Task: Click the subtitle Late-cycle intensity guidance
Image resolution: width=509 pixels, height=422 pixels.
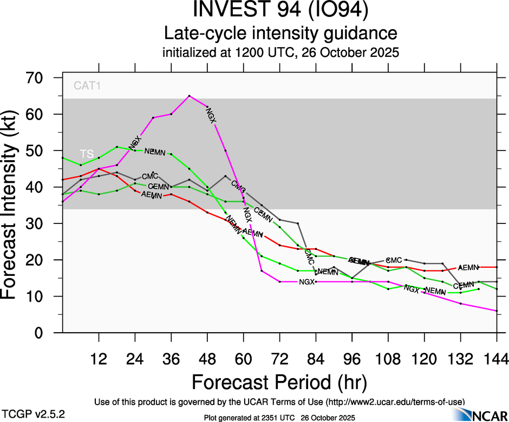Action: [x=281, y=34]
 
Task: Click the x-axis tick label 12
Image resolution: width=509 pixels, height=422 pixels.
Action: [x=99, y=359]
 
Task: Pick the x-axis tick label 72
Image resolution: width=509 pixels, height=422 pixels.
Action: [x=279, y=359]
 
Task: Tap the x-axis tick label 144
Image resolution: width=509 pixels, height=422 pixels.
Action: [x=497, y=359]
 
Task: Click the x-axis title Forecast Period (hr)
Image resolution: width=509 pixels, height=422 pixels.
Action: [x=279, y=382]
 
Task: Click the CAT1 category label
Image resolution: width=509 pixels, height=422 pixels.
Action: [x=88, y=85]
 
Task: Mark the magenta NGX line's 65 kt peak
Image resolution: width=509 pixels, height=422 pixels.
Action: [x=189, y=96]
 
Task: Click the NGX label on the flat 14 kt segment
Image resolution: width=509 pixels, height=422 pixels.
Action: [x=307, y=282]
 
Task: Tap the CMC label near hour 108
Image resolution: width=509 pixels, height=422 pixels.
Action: [x=394, y=260]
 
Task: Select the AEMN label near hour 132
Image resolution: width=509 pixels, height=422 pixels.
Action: [x=468, y=267]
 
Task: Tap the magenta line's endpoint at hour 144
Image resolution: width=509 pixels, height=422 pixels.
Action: [x=497, y=311]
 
